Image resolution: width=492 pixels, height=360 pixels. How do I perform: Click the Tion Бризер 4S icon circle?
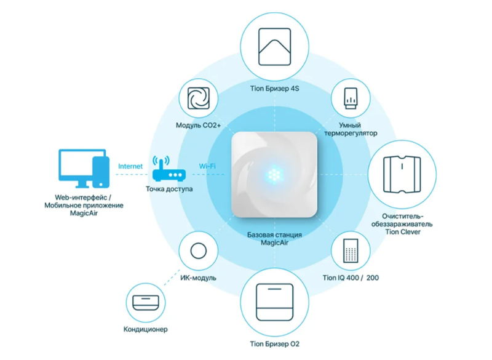(274, 46)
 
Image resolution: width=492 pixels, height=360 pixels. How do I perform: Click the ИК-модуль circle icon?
(199, 252)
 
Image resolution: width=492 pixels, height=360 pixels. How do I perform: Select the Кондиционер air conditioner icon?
(147, 302)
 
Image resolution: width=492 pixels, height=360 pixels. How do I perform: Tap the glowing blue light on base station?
(274, 174)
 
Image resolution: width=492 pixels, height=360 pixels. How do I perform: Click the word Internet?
(130, 166)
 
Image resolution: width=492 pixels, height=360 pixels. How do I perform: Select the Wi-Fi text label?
(207, 166)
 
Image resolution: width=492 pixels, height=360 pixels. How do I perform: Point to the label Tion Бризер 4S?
(274, 89)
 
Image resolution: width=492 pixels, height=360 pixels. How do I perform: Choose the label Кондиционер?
(147, 330)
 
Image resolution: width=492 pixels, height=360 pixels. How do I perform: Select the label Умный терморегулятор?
(351, 128)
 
